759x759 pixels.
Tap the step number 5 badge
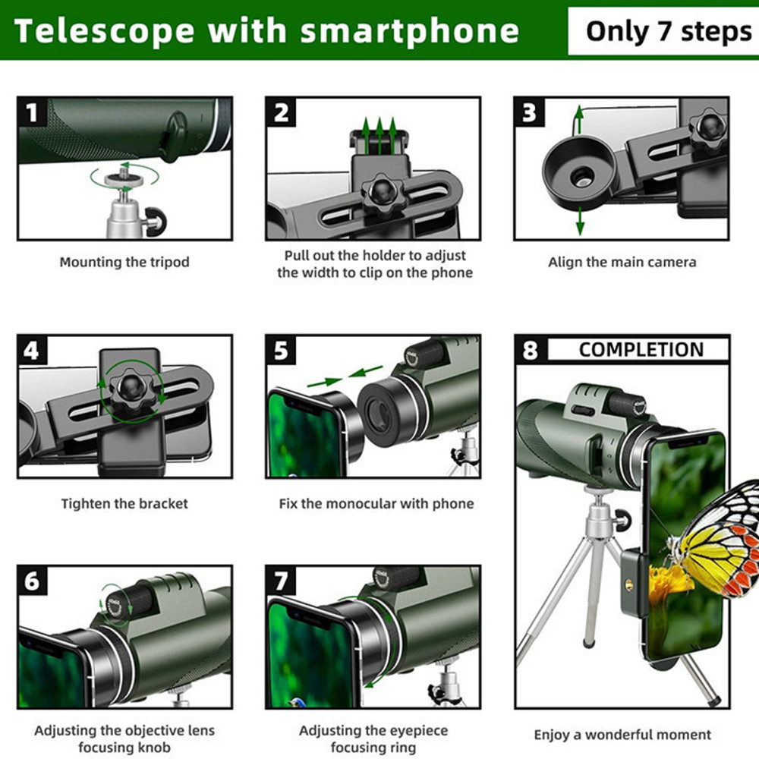point(282,351)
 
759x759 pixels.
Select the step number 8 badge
point(530,351)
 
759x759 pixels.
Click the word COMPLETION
point(641,350)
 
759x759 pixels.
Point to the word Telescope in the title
point(103,31)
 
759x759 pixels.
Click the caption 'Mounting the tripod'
point(124,263)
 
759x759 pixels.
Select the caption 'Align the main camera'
point(622,263)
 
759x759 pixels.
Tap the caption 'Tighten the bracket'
point(124,504)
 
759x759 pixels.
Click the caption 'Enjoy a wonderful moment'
point(622,735)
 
